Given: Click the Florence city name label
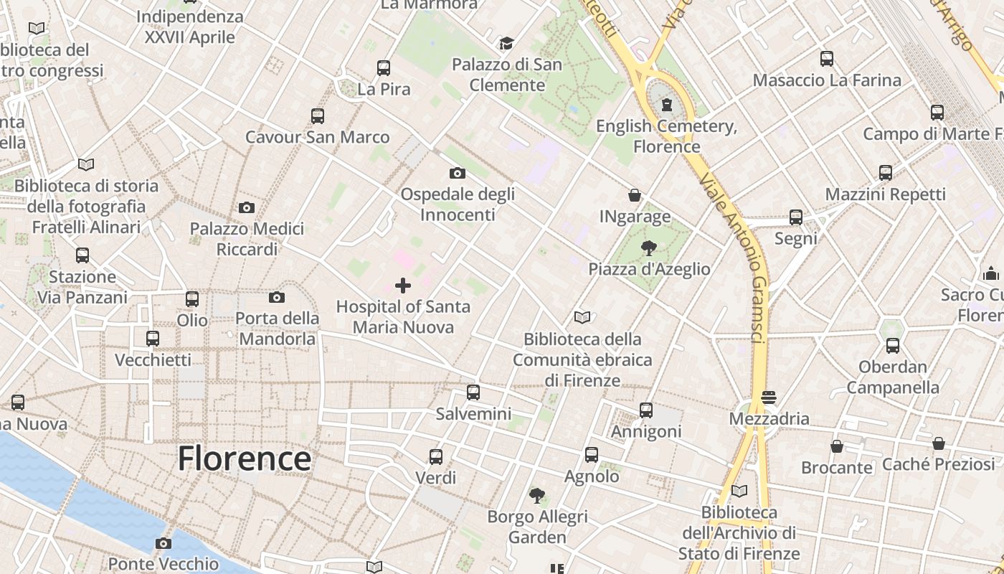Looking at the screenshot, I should (x=245, y=458).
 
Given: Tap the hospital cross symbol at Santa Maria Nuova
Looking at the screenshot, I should (x=403, y=286).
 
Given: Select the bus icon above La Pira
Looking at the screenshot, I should (x=384, y=68).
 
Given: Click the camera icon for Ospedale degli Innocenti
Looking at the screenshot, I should (x=457, y=173).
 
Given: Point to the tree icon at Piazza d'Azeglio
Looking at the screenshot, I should (x=648, y=248).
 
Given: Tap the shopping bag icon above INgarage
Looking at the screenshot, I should (x=635, y=195).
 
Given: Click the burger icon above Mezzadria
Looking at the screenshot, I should (x=769, y=397).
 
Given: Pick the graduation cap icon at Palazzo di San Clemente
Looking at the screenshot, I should (x=506, y=44).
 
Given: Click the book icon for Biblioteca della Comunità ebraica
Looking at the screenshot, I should (x=582, y=317).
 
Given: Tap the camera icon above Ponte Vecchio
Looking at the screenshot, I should (x=164, y=543).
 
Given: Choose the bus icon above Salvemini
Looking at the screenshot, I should (x=473, y=392).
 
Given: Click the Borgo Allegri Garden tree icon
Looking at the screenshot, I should (x=536, y=495).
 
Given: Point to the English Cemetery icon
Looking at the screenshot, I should (x=667, y=105).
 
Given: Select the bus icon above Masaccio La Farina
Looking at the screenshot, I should (x=827, y=59).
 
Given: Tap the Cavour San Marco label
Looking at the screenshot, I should (x=317, y=137).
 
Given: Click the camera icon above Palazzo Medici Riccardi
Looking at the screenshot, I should (x=247, y=208).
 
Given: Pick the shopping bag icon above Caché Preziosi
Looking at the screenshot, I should (x=938, y=443).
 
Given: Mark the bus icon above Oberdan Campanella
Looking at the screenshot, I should (x=893, y=346).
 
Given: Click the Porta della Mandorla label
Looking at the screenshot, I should (x=278, y=328).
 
